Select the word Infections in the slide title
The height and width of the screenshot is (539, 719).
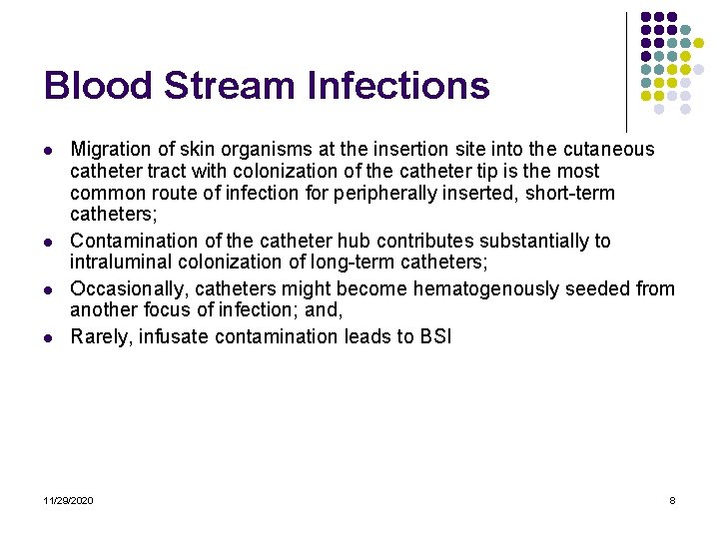(399, 86)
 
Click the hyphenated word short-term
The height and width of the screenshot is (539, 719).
(570, 193)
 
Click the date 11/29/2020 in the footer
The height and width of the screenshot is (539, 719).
(69, 500)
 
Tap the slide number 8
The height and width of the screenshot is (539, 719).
(672, 500)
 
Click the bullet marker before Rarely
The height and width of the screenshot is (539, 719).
(48, 336)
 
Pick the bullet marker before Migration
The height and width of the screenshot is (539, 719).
(48, 150)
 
